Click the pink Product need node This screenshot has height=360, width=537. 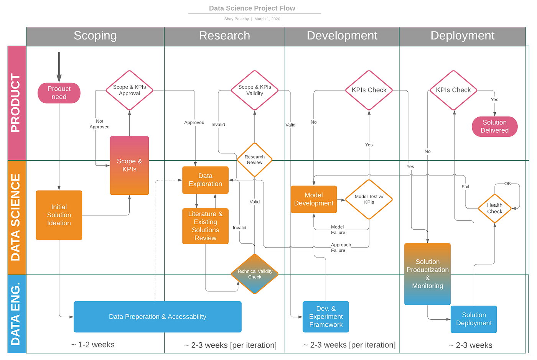[59, 93]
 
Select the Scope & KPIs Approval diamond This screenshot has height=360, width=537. [129, 90]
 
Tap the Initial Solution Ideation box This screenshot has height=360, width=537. [59, 215]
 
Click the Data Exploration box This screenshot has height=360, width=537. [205, 180]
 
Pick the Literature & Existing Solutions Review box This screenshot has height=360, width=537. [205, 226]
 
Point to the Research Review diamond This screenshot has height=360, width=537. [254, 159]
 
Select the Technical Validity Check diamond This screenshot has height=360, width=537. [254, 274]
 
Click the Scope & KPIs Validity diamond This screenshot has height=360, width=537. [254, 90]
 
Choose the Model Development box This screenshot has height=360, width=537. [313, 199]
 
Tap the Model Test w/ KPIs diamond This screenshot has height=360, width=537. [369, 199]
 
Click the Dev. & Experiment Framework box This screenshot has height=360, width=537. [326, 317]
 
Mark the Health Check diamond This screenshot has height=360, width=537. [494, 208]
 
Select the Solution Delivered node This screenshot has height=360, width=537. [494, 127]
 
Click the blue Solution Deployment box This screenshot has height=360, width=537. [474, 319]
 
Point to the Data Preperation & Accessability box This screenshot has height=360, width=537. [157, 317]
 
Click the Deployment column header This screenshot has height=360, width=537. [462, 36]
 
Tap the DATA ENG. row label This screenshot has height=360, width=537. [16, 314]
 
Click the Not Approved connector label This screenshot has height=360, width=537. [99, 124]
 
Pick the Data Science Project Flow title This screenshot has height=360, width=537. [252, 8]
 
